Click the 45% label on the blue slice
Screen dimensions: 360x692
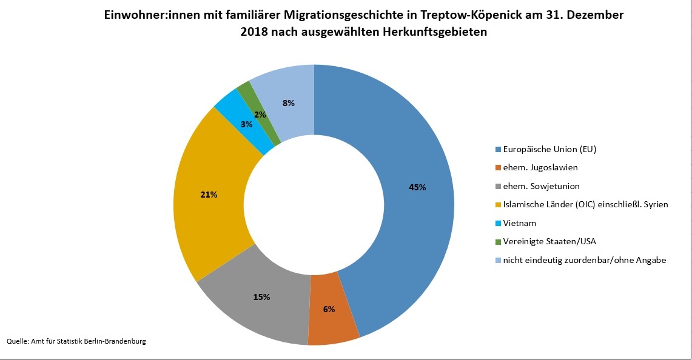coord(417,187)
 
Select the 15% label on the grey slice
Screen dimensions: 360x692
coord(262,297)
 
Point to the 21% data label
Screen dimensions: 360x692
coord(209,195)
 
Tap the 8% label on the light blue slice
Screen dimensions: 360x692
coord(289,103)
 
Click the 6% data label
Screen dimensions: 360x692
coord(329,308)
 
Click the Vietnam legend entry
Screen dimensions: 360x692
coord(520,223)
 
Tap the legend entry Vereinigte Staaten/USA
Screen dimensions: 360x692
coord(549,241)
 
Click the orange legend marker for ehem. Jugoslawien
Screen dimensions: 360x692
coord(499,168)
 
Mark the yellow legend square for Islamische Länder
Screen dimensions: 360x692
coord(499,205)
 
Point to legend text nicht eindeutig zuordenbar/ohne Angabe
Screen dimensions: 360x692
coord(585,260)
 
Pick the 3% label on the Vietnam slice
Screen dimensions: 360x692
coord(246,124)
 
